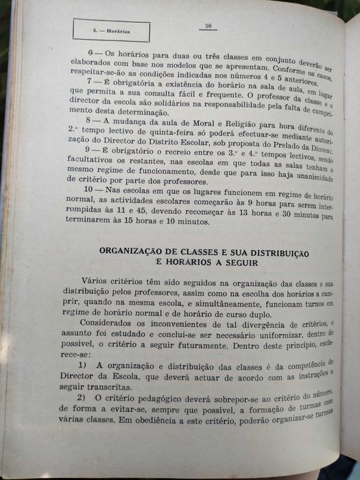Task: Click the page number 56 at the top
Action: (206, 25)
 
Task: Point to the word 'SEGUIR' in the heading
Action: (237, 263)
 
